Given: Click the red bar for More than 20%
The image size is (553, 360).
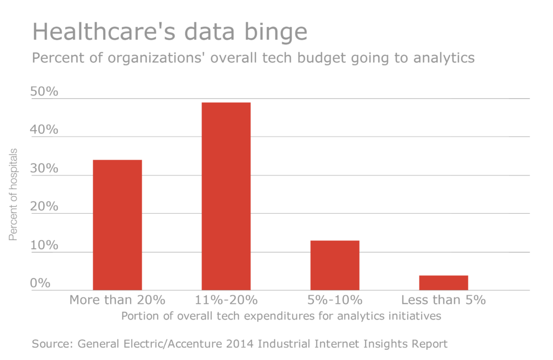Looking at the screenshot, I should coord(117,225).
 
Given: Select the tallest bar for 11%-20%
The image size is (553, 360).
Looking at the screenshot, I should coord(226,196).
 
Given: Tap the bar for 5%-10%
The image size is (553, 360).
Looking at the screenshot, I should coord(335,266).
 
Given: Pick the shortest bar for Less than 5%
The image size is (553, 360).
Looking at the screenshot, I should coord(443,283).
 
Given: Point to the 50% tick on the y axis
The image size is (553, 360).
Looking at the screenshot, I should coord(44,92).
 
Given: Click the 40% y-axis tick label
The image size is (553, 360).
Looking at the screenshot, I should coord(44,130).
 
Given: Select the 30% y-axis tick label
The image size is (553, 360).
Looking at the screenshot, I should coord(44,168).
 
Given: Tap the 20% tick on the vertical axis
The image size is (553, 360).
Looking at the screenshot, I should coord(44,207).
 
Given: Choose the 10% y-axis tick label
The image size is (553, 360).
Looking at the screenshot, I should coord(44,245).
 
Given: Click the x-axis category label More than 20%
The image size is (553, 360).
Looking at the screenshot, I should coord(117,300).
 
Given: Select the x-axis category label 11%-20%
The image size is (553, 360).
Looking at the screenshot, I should coord(226,300).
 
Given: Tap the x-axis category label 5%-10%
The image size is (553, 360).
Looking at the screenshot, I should coord(335,300).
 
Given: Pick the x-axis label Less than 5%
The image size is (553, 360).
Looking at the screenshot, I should coord(443,300).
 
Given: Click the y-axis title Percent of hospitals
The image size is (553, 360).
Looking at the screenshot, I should coord(13,194).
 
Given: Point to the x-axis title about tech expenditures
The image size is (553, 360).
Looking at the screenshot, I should coord(281,316).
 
